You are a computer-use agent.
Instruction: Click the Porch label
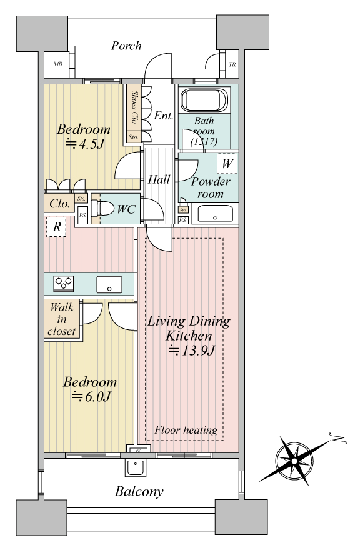click(126, 46)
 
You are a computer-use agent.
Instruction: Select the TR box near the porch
click(232, 64)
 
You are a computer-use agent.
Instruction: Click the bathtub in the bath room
click(205, 100)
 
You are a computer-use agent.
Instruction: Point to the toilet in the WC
click(102, 209)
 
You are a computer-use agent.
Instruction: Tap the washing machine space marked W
click(227, 164)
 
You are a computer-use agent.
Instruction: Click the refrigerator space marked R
click(56, 227)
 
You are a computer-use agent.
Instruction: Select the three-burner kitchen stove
click(64, 283)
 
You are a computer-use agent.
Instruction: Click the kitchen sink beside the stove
click(109, 284)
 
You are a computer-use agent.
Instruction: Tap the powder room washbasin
click(215, 214)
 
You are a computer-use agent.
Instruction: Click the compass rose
click(295, 460)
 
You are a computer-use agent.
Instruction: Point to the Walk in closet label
click(62, 319)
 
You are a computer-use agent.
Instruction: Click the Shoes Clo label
click(134, 107)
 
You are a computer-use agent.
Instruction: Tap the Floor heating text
click(186, 430)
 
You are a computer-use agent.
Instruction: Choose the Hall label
click(159, 179)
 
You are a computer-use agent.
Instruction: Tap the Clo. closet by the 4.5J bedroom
click(59, 204)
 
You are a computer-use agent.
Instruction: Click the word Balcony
click(139, 492)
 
